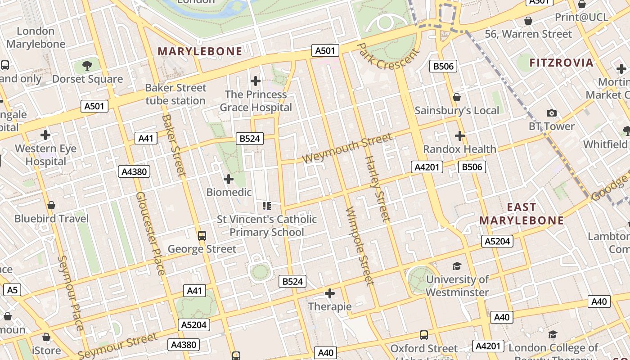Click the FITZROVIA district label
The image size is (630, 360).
coord(562,63)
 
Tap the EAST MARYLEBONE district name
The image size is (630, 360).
coord(522,214)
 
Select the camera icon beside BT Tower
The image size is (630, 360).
coord(551,113)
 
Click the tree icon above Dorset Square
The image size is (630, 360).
coord(87,66)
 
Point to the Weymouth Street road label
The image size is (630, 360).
coord(346,148)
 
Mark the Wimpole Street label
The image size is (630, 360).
coord(360,246)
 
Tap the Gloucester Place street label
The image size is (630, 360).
coord(150,233)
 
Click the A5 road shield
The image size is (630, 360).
coord(12,290)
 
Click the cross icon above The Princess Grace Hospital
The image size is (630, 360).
coord(256,81)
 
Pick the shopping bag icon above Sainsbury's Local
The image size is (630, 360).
coord(457,97)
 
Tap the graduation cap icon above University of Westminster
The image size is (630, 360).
coord(457,266)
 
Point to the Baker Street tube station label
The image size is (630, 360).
coord(175,94)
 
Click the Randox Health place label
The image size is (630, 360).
coord(459,149)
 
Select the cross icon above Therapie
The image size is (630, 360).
coord(330,294)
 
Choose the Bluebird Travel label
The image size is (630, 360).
coord(51,219)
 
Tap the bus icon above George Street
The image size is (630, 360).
coord(202,235)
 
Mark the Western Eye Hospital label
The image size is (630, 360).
coord(45,155)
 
